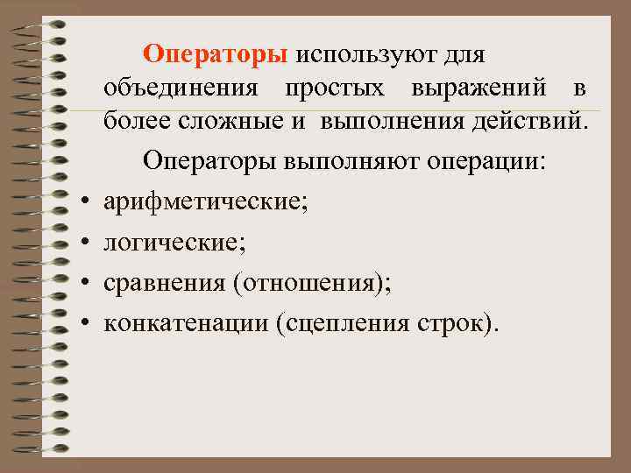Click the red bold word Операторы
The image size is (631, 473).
216,55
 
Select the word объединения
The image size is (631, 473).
180,88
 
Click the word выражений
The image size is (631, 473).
478,88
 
